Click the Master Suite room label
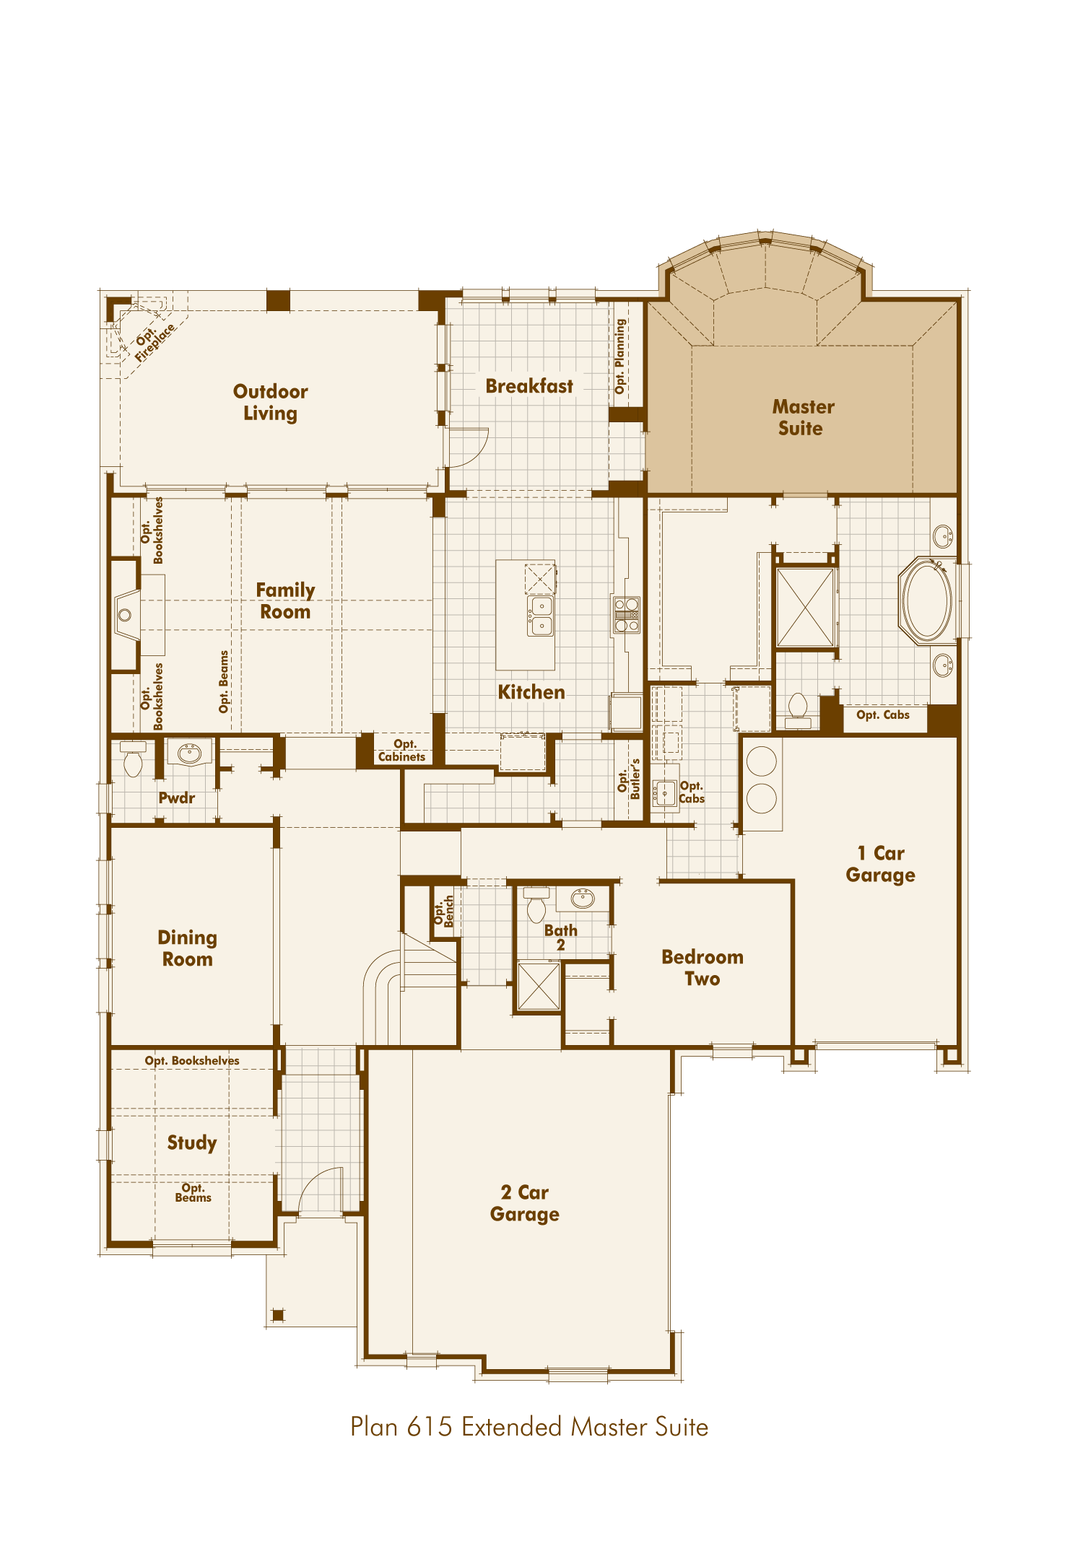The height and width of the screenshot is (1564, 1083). click(802, 417)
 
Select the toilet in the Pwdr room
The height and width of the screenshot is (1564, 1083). click(133, 761)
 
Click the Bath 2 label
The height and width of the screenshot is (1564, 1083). click(560, 937)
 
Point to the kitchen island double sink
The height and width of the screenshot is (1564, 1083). click(541, 616)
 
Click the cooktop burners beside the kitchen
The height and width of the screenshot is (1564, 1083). click(626, 615)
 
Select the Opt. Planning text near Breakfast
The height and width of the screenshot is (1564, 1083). click(619, 357)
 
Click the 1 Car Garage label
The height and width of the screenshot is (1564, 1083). click(880, 864)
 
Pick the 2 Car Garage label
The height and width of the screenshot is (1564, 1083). click(525, 1203)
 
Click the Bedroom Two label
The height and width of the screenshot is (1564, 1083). click(702, 968)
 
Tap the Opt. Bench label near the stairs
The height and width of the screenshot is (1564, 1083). click(443, 912)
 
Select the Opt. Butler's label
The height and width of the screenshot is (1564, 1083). click(629, 779)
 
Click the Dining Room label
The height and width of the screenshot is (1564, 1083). click(187, 948)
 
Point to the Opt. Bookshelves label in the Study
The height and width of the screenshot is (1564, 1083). click(191, 1060)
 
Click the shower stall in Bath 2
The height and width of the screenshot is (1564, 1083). click(539, 987)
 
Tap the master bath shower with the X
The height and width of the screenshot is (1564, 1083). click(805, 608)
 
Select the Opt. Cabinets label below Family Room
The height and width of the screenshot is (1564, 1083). click(402, 751)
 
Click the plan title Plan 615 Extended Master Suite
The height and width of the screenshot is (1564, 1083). click(529, 1427)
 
